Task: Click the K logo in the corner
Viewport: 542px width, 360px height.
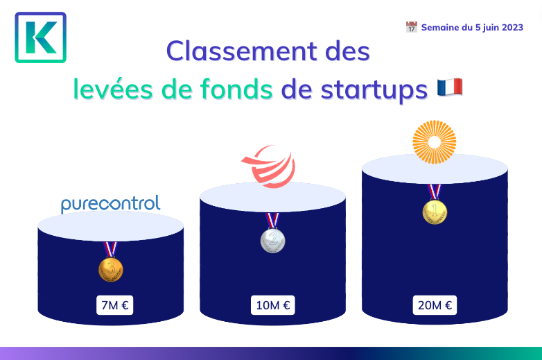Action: [40, 37]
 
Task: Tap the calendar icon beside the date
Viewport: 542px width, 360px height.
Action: [411, 27]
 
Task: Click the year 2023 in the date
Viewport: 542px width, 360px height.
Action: [513, 27]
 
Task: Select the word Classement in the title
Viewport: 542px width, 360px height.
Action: [242, 51]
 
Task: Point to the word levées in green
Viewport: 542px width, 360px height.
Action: [113, 89]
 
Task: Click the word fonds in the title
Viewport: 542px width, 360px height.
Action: [236, 89]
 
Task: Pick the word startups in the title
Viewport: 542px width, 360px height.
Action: [374, 91]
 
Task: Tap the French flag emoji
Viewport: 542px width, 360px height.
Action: [450, 87]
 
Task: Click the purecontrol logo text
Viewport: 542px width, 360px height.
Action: [111, 204]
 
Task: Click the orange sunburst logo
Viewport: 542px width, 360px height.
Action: [435, 142]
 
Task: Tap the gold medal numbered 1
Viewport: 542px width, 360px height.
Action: [435, 212]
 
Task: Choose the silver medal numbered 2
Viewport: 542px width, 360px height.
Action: [272, 240]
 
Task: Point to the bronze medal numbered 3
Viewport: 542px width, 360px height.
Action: [111, 269]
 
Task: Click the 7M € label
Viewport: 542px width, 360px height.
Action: [115, 305]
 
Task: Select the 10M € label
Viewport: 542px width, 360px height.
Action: [272, 305]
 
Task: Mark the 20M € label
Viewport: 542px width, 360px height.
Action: [435, 305]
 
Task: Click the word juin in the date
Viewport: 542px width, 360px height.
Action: [491, 28]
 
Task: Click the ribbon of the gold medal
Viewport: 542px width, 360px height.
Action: [435, 192]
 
